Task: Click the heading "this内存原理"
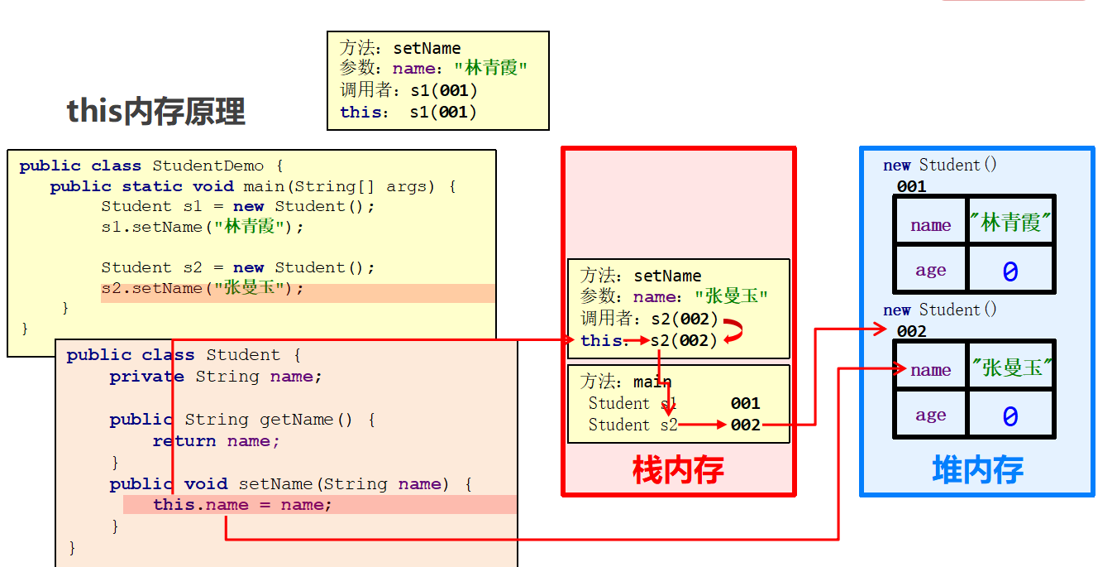(x=156, y=111)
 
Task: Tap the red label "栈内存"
(x=678, y=470)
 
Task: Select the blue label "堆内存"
(x=977, y=469)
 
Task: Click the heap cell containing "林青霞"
(x=1011, y=222)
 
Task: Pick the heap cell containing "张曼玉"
(x=1011, y=368)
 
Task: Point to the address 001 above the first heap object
(x=911, y=186)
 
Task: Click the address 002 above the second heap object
(x=911, y=331)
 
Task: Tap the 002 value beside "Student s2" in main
(x=745, y=425)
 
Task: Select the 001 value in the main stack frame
(x=745, y=403)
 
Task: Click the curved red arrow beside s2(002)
(x=733, y=331)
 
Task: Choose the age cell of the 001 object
(x=930, y=271)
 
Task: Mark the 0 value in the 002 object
(x=1010, y=416)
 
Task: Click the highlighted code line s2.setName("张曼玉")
(x=203, y=289)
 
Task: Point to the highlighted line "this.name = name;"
(x=242, y=505)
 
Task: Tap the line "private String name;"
(x=215, y=377)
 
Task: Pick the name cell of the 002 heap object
(x=930, y=370)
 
